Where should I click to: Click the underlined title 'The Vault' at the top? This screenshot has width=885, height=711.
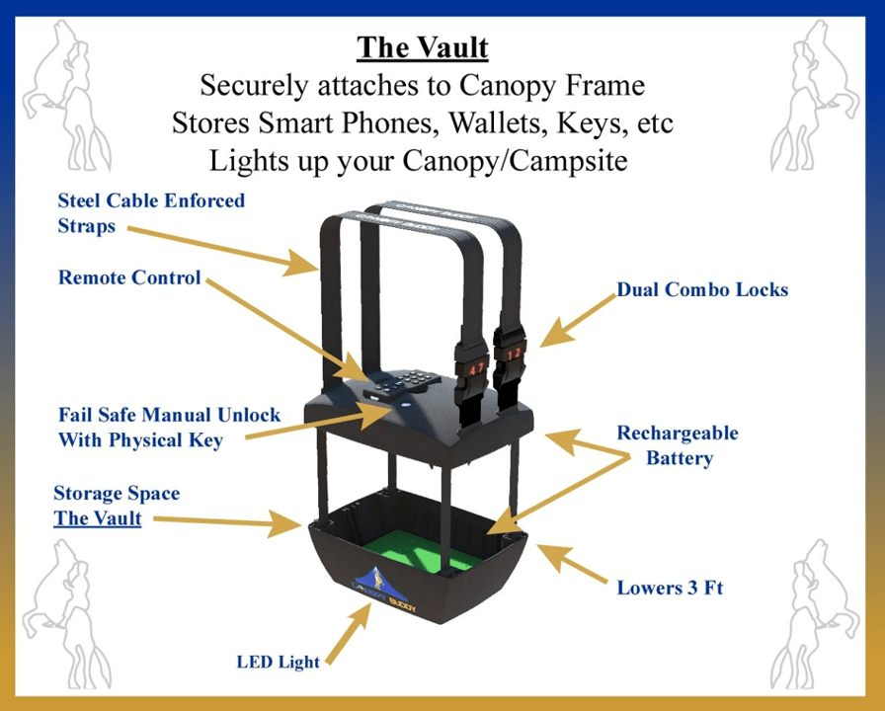point(423,47)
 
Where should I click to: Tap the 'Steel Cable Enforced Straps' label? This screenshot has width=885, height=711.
point(151,212)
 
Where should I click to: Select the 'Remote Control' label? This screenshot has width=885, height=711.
point(129,277)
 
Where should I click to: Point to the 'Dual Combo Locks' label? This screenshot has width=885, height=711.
point(702,289)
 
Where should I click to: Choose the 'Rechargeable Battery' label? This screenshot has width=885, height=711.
point(678,445)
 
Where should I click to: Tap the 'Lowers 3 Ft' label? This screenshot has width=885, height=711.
point(671,588)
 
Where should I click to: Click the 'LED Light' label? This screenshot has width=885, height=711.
point(278,661)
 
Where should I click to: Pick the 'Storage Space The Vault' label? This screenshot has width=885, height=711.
point(117,505)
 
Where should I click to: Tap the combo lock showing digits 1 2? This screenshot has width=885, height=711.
point(514,354)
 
